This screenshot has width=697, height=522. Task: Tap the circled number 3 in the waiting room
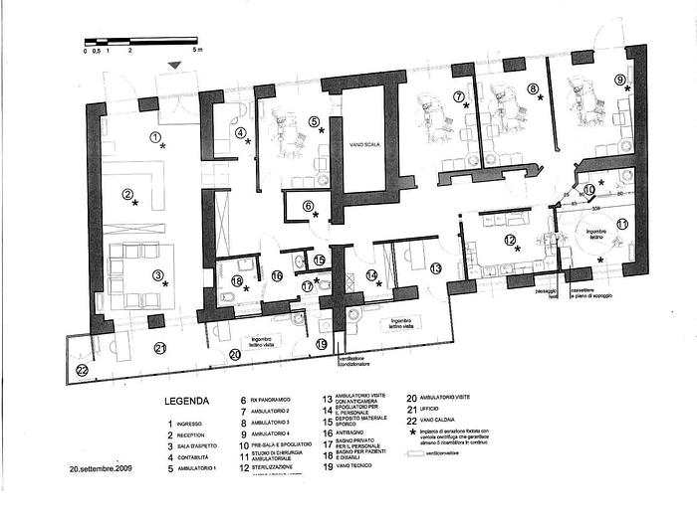(127, 195)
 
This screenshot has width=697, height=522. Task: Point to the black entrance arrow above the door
(176, 66)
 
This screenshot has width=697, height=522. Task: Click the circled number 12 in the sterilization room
(509, 241)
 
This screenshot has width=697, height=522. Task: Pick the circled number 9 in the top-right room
(619, 80)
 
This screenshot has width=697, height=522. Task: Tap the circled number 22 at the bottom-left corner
(82, 370)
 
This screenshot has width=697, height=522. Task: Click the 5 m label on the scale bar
(197, 49)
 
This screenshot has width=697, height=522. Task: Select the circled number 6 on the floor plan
(308, 206)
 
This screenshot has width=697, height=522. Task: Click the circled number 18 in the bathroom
(237, 281)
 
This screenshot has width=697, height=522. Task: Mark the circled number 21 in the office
(159, 347)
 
